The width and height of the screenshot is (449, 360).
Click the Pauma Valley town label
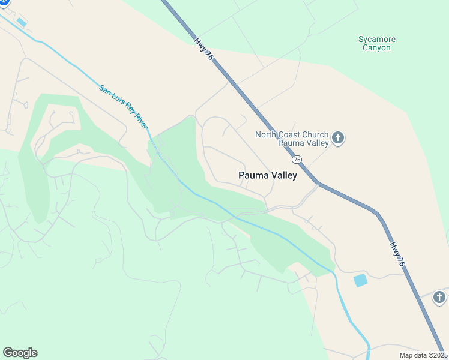coord(267,176)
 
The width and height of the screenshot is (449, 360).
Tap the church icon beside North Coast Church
coord(338,139)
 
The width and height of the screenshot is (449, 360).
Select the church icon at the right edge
coord(440,297)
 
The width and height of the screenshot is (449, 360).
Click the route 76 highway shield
coord(297,160)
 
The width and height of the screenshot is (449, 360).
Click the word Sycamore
coord(377,40)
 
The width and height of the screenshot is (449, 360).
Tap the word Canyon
coord(377,48)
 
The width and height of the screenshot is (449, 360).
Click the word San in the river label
coord(105,90)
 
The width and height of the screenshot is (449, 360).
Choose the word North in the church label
coord(267,134)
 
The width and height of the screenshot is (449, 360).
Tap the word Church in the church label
coord(317,134)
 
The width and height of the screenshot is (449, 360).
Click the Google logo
coord(20,353)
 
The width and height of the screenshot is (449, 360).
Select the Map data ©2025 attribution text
coord(423,355)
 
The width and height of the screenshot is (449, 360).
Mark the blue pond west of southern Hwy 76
coord(360,280)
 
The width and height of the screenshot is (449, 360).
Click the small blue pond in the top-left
coord(22,22)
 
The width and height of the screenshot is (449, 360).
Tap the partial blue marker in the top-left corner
coord(4,3)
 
